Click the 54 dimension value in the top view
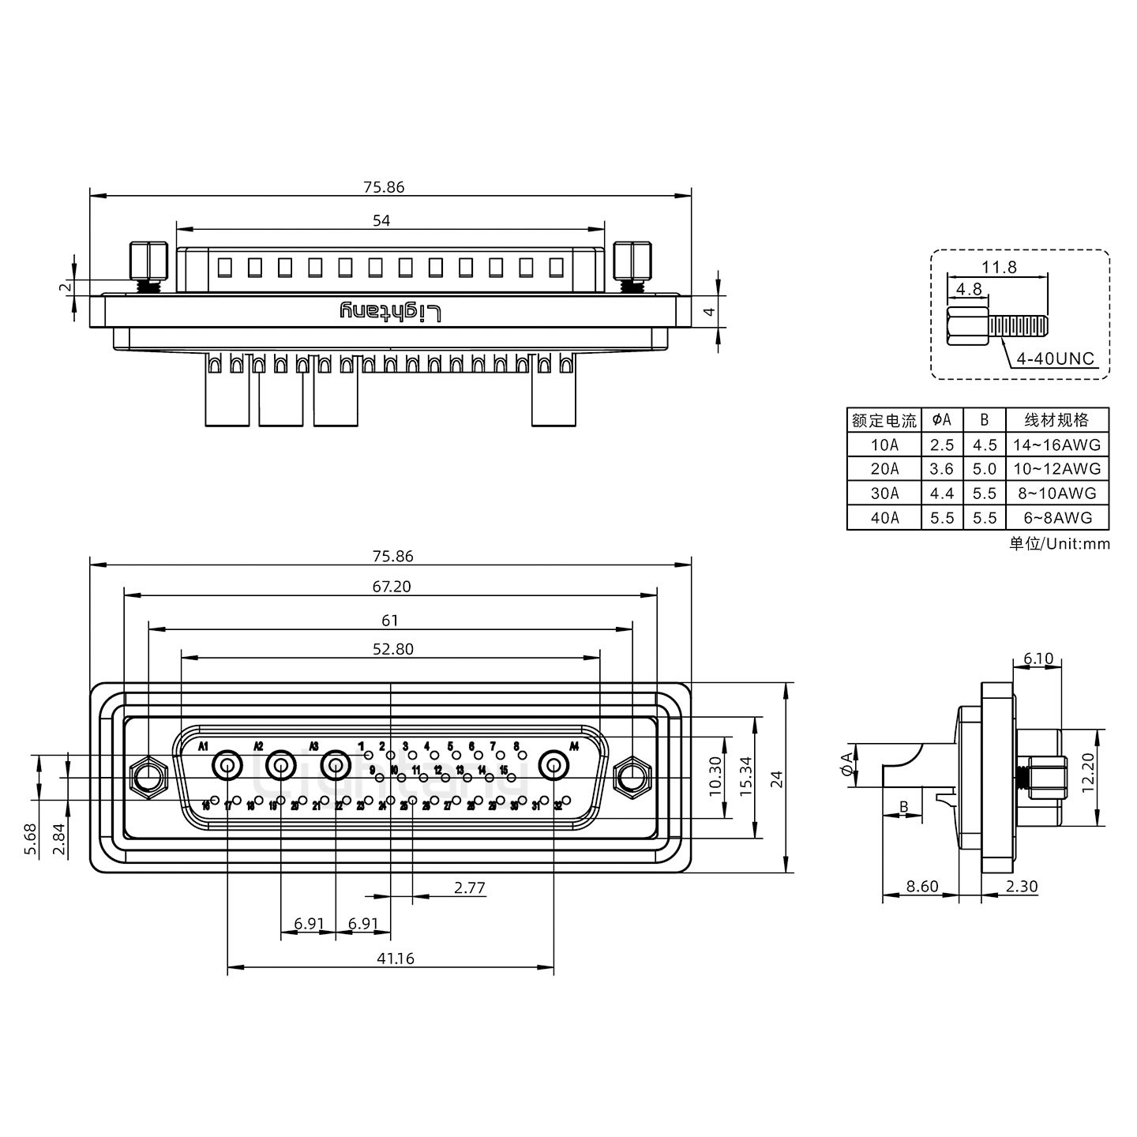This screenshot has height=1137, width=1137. click(x=381, y=220)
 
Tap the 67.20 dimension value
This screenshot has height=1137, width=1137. click(x=392, y=587)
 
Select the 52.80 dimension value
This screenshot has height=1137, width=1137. click(x=392, y=649)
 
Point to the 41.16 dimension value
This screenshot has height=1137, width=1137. click(x=395, y=959)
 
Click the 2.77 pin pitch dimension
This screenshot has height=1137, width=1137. click(x=470, y=887)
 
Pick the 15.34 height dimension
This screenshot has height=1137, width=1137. click(x=746, y=778)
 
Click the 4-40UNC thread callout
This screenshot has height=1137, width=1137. click(x=1055, y=358)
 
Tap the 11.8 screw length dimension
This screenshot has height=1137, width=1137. click(x=999, y=267)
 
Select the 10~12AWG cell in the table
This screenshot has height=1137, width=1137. click(x=1056, y=469)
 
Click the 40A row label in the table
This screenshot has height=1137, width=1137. click(x=884, y=518)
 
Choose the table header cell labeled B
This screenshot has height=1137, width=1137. click(x=984, y=420)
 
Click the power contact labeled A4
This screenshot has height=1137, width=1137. click(x=553, y=766)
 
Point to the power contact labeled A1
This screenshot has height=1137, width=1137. click(x=227, y=765)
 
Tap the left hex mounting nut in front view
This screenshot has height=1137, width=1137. click(x=147, y=777)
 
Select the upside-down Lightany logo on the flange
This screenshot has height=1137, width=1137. click(x=391, y=311)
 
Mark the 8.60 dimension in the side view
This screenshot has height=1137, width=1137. click(x=921, y=886)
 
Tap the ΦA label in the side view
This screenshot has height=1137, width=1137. click(x=847, y=764)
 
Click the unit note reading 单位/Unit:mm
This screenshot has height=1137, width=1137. click(x=1059, y=543)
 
